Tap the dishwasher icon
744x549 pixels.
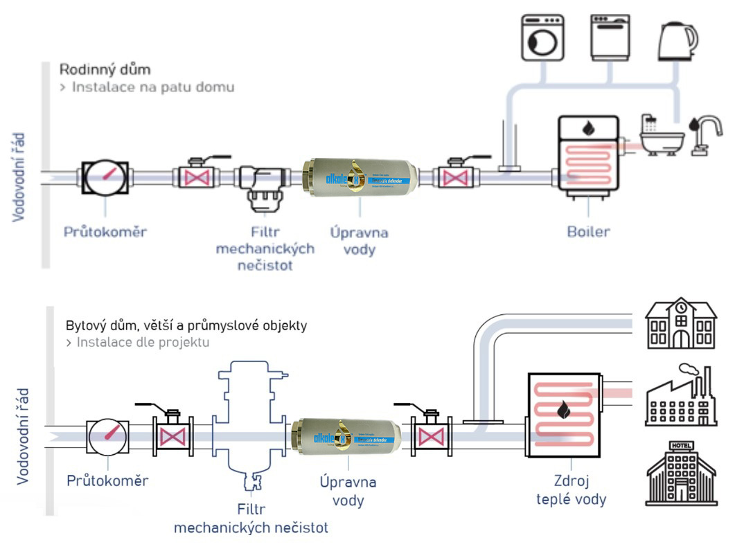(610, 38)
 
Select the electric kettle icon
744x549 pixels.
(677, 39)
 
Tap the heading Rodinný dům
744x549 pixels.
(105, 70)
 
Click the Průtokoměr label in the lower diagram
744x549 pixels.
(107, 480)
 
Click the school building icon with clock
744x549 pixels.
(680, 324)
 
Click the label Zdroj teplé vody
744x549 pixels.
(571, 489)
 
